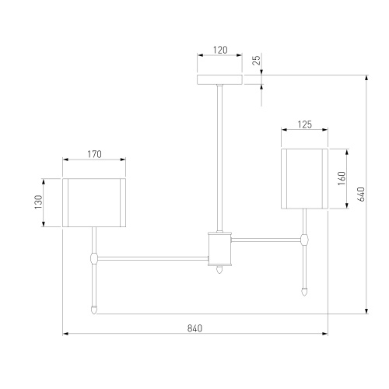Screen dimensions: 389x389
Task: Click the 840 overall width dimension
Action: [194, 328]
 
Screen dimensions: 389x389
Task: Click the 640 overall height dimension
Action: [360, 194]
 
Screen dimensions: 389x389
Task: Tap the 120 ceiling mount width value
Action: [220, 50]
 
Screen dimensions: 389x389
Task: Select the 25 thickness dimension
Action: [256, 60]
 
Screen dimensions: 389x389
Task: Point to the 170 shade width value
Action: [94, 154]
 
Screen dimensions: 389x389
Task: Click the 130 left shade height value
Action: [37, 202]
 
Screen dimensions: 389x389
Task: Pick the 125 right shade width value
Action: [305, 123]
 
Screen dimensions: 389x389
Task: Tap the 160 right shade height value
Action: [340, 178]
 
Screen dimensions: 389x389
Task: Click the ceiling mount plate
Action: [220, 79]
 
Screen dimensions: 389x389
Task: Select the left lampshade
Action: [94, 202]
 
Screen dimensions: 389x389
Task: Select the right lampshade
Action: [305, 178]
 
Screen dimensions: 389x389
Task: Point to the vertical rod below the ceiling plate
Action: [220, 156]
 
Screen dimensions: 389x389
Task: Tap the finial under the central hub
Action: [220, 269]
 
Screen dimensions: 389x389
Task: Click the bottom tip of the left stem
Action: [94, 309]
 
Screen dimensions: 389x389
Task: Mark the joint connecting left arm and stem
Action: [94, 256]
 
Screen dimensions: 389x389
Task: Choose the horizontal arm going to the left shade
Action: [152, 256]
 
